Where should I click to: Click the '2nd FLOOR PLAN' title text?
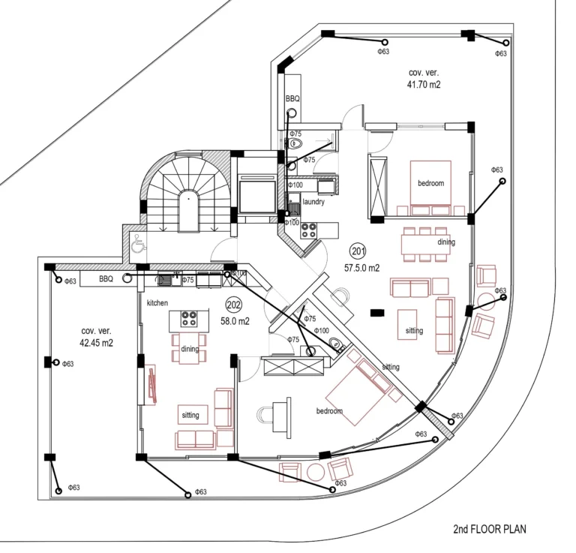[489, 529]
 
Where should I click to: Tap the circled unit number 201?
[358, 251]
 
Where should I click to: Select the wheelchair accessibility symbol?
[138, 242]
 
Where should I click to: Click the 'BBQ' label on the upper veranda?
[292, 99]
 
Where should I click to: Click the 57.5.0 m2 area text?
[362, 267]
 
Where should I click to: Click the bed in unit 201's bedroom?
[430, 183]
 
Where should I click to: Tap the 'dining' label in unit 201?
[446, 242]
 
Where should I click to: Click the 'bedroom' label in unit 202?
[329, 411]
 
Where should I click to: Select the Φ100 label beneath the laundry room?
[292, 223]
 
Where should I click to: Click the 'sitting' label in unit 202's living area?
[190, 415]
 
